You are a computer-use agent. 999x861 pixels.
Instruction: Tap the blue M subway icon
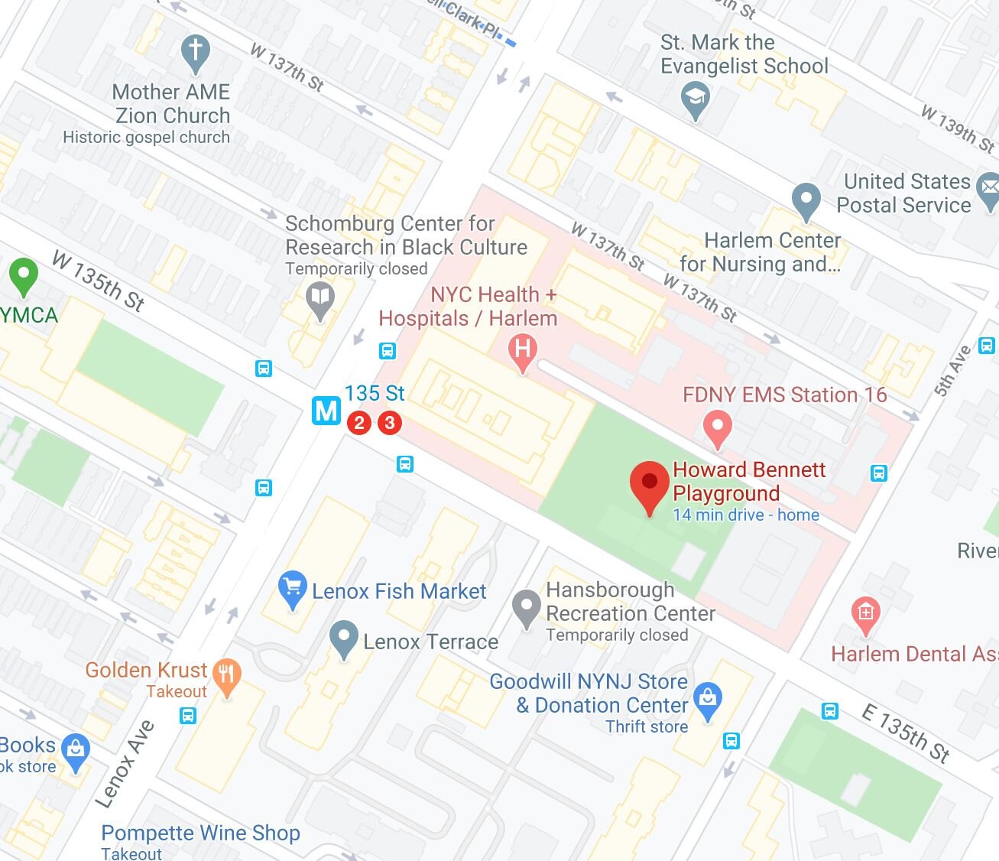[x=326, y=411]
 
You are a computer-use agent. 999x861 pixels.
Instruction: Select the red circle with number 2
[x=359, y=422]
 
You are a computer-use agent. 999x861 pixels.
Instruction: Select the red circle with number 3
[x=390, y=422]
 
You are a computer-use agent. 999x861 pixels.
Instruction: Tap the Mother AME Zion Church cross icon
[x=196, y=52]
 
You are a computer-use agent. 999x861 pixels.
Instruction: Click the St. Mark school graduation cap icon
[x=695, y=99]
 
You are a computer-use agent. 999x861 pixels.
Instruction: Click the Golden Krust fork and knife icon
[x=226, y=674]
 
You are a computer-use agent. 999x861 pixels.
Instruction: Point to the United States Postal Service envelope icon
[x=988, y=186]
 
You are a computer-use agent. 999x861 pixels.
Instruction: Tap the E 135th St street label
[x=906, y=733]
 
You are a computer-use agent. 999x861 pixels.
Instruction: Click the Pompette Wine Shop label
[x=200, y=833]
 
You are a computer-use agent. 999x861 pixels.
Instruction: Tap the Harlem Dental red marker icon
[x=865, y=613]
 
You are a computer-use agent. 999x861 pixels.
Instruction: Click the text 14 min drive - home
[x=745, y=515]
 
